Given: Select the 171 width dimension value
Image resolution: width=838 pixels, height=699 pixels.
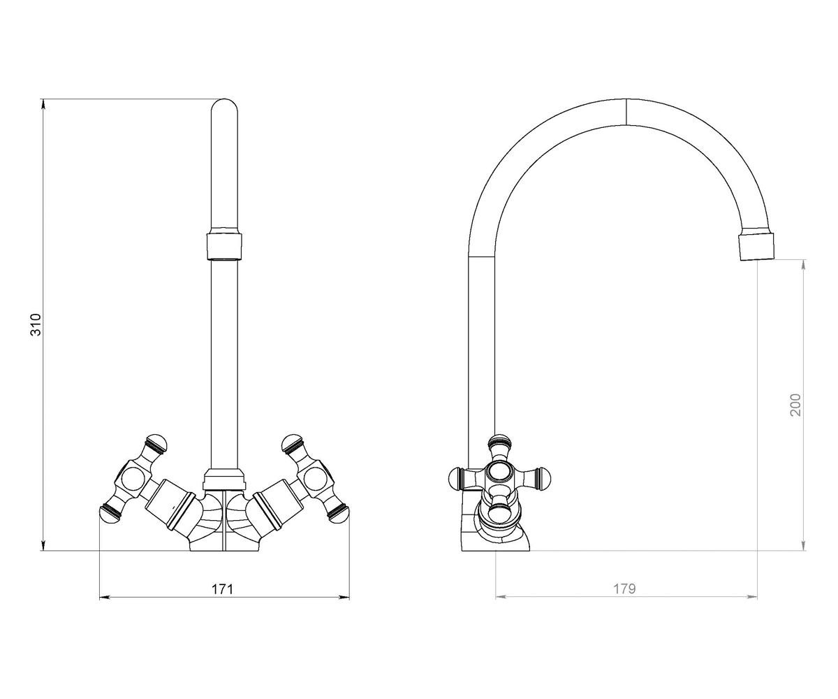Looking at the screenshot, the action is coord(222,589).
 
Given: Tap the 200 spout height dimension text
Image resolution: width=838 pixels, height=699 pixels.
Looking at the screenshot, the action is coord(795,405).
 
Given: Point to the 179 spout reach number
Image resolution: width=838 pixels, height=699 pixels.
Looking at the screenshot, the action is coord(624,589).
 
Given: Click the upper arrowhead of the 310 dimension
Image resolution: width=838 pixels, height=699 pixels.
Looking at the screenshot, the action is coord(43,103).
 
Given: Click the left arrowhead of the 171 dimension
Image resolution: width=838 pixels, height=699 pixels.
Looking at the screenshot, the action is coord(105,598).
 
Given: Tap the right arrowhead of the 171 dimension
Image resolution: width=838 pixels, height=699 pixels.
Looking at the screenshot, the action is coord(344,598).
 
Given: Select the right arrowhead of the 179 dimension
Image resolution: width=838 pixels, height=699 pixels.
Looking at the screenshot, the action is coord(751,597).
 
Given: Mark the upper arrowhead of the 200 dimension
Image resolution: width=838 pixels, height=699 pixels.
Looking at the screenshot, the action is coord(803,265).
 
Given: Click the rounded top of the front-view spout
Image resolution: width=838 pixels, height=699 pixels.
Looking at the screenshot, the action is coord(224,106).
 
